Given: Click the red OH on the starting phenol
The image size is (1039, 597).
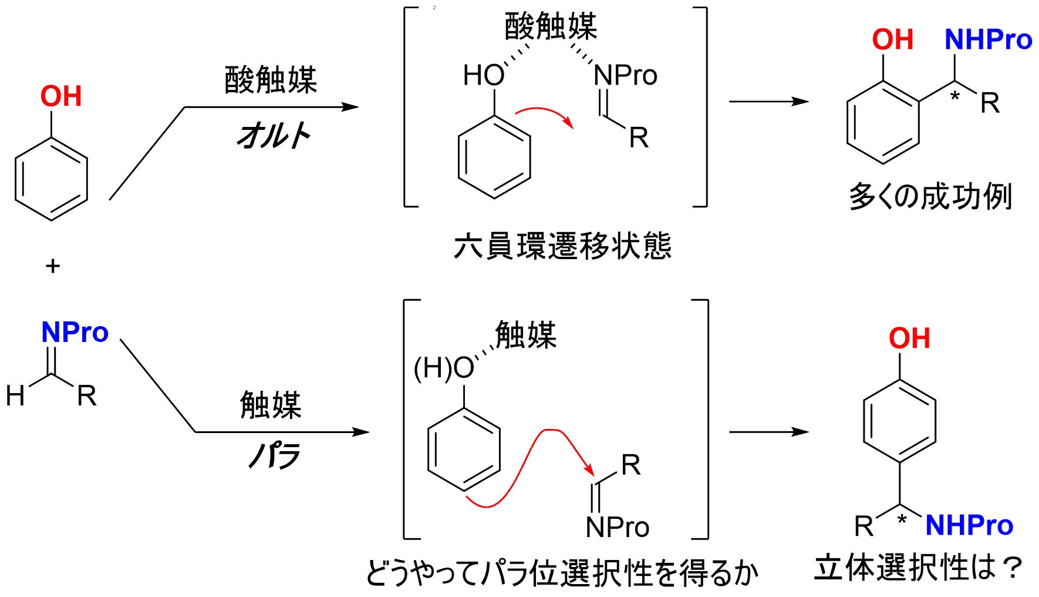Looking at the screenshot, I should pos(61,96).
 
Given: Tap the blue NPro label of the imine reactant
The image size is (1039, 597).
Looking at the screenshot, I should pos(75,333).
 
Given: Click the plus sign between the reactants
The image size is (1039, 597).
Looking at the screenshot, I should pos(53,266).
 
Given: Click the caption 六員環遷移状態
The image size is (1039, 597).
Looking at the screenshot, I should pos(562,246).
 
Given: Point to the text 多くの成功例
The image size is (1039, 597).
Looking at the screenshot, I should pos(930,197).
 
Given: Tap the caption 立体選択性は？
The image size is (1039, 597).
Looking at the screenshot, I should pos(918,568).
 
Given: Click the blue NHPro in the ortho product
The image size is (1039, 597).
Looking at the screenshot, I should pos(988,40).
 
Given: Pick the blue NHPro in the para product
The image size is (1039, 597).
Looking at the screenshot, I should pos(969,525).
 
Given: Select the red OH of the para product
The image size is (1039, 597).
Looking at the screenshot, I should pos(909,338).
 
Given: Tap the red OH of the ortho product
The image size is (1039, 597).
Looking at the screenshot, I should pos(892,40).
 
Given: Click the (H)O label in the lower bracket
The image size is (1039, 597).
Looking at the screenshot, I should pos(444,369).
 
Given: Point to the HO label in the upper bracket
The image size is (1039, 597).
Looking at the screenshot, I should pos(484,76).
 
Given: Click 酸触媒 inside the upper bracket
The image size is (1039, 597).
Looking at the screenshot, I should pos(551,26).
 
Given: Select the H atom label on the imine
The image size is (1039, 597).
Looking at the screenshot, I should pos(15,396).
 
